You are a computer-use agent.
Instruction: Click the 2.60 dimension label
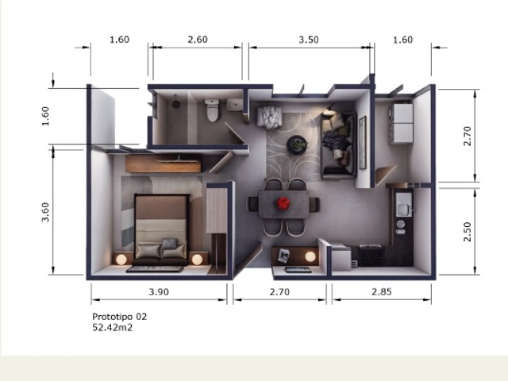click(x=198, y=40)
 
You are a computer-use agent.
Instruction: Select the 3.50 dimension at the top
click(x=309, y=40)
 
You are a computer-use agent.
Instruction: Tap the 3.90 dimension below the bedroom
click(x=159, y=292)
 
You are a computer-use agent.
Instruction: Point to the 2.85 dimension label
click(x=382, y=292)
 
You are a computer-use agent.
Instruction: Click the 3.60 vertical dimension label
click(x=46, y=212)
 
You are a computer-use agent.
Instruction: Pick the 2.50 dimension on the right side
click(x=468, y=232)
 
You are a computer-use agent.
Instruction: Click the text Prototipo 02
click(x=120, y=317)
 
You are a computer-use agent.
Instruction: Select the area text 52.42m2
click(x=113, y=328)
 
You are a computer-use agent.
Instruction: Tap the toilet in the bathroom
click(x=212, y=110)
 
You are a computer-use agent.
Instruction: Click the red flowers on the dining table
click(x=283, y=203)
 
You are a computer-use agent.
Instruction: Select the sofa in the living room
click(x=338, y=144)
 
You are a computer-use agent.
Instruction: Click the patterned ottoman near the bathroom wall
click(x=269, y=117)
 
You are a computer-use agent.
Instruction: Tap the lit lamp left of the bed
click(x=121, y=260)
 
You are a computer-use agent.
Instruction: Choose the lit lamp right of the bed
click(x=197, y=260)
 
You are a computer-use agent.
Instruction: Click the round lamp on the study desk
click(x=310, y=256)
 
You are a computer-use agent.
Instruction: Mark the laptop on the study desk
click(x=298, y=270)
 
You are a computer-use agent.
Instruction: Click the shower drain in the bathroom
click(x=176, y=104)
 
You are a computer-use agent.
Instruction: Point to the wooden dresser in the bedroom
click(x=164, y=164)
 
